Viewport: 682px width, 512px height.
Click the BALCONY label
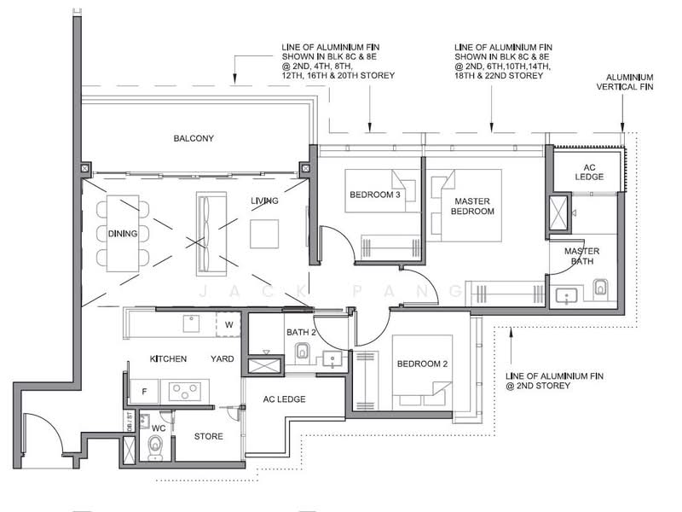click(x=194, y=138)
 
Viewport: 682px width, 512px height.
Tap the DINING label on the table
click(x=123, y=234)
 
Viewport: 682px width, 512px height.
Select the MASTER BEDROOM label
click(x=472, y=207)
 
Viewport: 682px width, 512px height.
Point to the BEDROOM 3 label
click(x=375, y=195)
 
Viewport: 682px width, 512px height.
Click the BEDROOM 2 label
click(x=422, y=364)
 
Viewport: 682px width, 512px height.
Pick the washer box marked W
click(x=228, y=324)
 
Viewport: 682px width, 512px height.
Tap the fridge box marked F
click(x=144, y=392)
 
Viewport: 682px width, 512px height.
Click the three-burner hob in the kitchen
click(x=185, y=391)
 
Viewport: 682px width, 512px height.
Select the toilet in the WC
click(x=155, y=446)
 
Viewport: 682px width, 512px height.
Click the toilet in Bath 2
click(x=302, y=352)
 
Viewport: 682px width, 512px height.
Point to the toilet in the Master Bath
click(x=600, y=288)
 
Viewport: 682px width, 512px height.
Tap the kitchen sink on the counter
click(x=191, y=323)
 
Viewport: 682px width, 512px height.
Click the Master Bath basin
click(x=566, y=297)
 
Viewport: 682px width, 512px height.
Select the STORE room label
click(x=209, y=436)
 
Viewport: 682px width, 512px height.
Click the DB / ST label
click(x=130, y=422)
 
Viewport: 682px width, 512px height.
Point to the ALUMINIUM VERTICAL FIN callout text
click(x=625, y=82)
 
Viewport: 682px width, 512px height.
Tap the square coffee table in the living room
click(x=264, y=234)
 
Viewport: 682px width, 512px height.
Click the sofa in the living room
click(x=211, y=234)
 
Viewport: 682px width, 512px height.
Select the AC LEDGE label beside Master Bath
click(x=589, y=172)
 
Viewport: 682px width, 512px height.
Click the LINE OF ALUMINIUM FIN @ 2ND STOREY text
click(x=555, y=381)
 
